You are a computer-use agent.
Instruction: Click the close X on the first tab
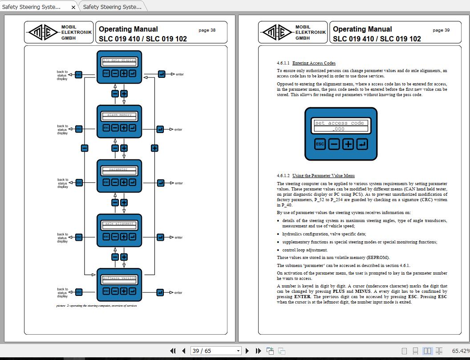[73, 7]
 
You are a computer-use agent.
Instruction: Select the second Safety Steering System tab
[112, 7]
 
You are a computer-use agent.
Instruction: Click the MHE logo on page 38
[43, 32]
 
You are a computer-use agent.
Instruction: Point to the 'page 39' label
[441, 30]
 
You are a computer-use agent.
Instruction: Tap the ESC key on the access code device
[320, 144]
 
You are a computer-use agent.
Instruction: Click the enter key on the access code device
[362, 144]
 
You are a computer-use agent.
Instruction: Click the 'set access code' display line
[341, 123]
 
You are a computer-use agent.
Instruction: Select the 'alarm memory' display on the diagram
[119, 115]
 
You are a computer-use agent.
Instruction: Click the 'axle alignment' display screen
[119, 224]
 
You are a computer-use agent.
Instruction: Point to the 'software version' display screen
[119, 278]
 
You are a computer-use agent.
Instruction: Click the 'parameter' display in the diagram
[119, 169]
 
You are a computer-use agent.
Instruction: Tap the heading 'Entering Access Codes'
[314, 63]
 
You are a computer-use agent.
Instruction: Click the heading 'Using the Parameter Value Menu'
[323, 176]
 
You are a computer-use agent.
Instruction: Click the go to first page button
[173, 351]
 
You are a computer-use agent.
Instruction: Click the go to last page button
[258, 351]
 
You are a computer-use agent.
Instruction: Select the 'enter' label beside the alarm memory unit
[178, 129]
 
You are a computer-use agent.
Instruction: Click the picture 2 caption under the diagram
[97, 306]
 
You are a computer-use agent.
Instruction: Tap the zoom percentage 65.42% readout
[460, 351]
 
